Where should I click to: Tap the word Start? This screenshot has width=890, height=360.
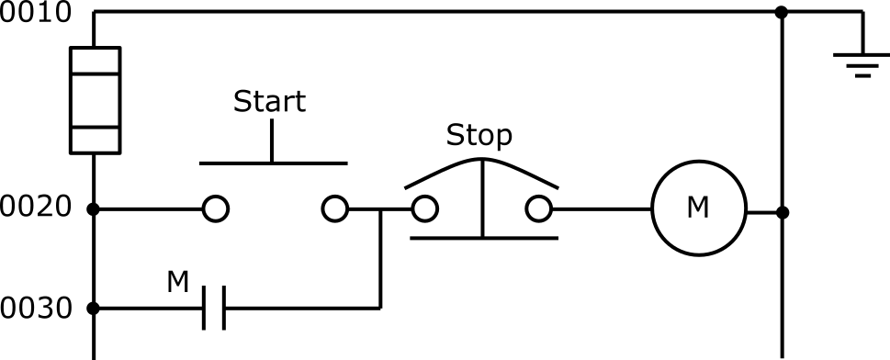click(269, 100)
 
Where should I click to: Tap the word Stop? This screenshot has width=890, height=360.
click(479, 135)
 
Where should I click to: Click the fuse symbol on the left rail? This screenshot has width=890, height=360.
click(95, 99)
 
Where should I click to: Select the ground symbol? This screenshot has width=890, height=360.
click(861, 62)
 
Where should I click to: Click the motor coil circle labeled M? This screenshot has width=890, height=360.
click(698, 210)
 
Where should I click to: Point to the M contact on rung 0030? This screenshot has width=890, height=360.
click(213, 308)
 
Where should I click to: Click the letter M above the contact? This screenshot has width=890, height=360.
click(177, 280)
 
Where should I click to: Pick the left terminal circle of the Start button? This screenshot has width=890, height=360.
click(215, 209)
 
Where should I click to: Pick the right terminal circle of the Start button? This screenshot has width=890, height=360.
click(335, 209)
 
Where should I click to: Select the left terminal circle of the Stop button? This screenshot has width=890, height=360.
click(424, 209)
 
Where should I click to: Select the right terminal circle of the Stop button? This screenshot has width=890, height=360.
click(539, 209)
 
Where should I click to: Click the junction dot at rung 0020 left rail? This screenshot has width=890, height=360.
click(94, 209)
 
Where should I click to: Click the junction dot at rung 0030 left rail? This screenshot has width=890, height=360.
click(94, 308)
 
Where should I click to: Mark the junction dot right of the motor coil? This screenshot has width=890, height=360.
click(782, 212)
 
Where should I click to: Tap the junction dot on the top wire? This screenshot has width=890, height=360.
click(782, 13)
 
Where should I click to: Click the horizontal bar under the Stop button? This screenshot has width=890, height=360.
click(483, 238)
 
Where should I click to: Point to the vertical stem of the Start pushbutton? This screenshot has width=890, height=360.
click(272, 141)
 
